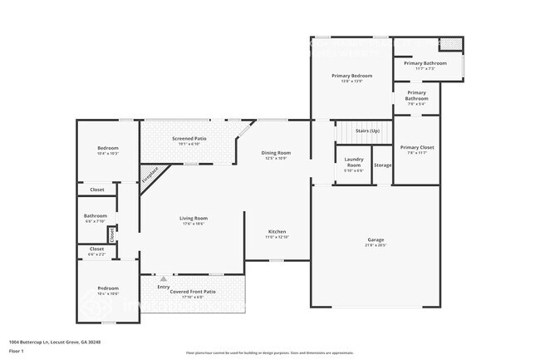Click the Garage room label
(376, 240)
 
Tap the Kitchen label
(277, 231)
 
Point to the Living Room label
(193, 219)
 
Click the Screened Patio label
(189, 139)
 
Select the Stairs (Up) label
(367, 131)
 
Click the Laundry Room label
(354, 163)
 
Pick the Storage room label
(382, 165)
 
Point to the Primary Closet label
(416, 147)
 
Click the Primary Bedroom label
(351, 76)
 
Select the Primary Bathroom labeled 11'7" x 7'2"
(425, 64)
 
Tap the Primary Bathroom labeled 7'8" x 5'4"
(416, 96)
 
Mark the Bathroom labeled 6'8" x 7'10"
(95, 217)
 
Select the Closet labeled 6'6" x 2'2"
(96, 249)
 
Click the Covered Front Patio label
(193, 292)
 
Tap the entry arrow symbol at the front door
(164, 279)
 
